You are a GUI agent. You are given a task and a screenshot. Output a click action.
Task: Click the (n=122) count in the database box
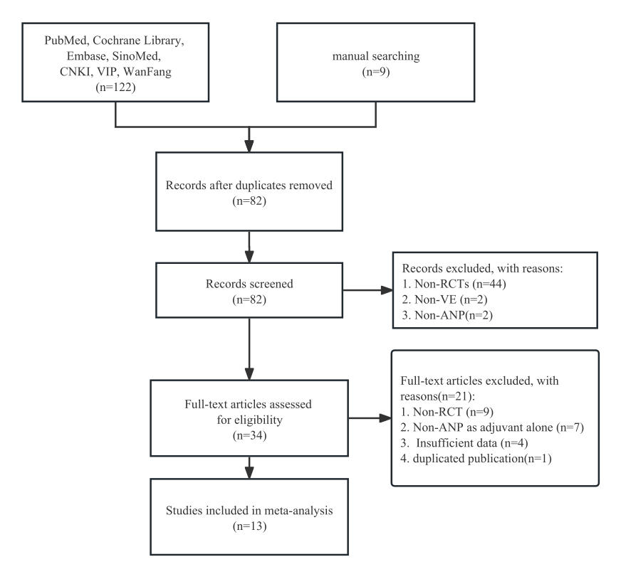pos(115,87)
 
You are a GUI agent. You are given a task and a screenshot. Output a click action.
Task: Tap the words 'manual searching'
pos(376,56)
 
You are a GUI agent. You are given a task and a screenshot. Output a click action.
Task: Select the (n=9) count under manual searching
pos(376,72)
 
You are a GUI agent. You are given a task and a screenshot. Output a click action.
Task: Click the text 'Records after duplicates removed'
pos(249,185)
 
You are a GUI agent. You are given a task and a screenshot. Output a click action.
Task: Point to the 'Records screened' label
pos(249,284)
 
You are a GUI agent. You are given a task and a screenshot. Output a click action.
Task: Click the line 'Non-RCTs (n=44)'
pos(460,284)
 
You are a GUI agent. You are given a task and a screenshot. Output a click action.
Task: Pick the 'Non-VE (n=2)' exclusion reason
pos(451,299)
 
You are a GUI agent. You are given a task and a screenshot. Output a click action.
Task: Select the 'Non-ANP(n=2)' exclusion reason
pos(454,315)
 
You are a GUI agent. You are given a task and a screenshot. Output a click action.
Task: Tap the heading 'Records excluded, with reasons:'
pos(482,268)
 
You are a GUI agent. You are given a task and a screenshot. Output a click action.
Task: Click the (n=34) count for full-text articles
pos(249,435)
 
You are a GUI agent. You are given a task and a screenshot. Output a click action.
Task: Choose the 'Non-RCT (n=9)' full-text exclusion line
pos(453,412)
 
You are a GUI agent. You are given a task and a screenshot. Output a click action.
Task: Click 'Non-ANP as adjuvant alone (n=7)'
pos(499,427)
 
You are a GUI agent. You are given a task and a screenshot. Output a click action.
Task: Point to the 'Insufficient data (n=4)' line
pos(472,443)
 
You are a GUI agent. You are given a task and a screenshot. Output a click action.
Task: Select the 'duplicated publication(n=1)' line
pos(482,459)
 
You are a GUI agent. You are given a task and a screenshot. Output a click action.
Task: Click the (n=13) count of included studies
pos(249,526)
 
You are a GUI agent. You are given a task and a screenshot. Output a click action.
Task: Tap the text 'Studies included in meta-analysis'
pos(249,511)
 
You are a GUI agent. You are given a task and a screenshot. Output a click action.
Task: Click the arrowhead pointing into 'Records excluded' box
pos(387,290)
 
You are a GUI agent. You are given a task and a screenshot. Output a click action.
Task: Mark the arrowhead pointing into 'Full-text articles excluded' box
pos(385,418)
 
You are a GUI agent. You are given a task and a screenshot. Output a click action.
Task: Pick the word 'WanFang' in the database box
pos(147,72)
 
